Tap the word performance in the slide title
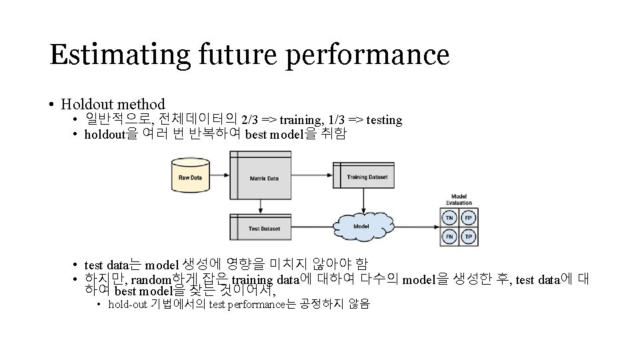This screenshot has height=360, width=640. [x=368, y=55]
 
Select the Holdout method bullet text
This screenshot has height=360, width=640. [x=113, y=104]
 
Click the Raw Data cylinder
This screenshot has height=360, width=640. [x=190, y=174]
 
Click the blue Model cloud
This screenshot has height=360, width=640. [x=361, y=225]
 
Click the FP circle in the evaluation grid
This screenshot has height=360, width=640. [x=469, y=218]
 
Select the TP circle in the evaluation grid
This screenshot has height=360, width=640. [x=469, y=236]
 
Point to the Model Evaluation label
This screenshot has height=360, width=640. [x=459, y=199]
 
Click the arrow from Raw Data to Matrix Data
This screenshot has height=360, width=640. [x=219, y=178]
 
